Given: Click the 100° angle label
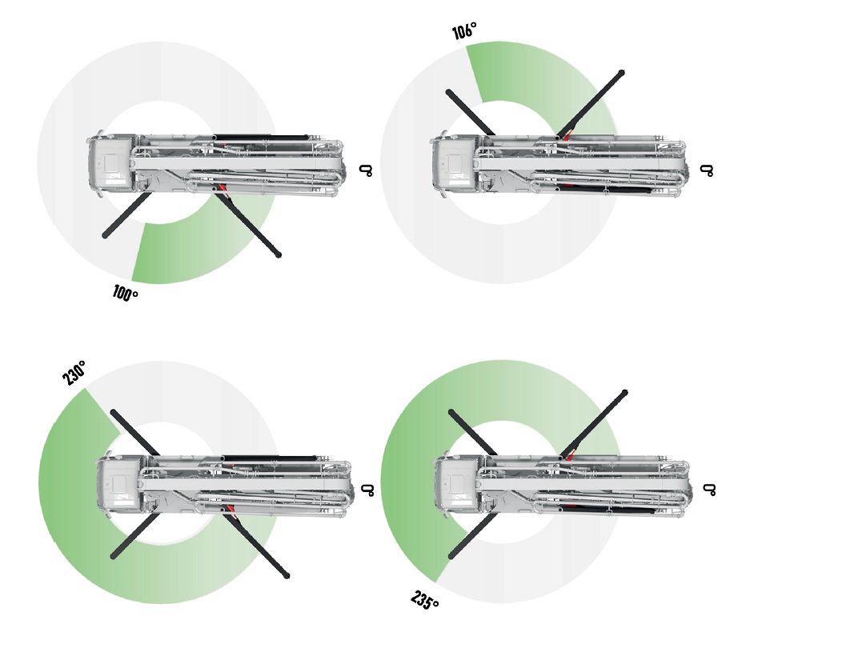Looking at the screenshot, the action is coord(125,293).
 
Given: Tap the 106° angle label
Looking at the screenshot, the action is coord(464,30).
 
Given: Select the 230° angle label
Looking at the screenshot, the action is coord(74,373).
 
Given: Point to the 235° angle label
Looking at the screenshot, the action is coord(425,600).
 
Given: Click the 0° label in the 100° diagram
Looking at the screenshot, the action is coord(366,170).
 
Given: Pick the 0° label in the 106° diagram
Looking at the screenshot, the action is coord(708,170).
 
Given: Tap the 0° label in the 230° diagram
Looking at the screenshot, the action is coord(367,490).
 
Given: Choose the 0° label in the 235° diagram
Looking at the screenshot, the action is coord(709,490).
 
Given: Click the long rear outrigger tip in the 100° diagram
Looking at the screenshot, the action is coord(278,254).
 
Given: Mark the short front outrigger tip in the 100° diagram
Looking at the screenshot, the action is coord(106,235).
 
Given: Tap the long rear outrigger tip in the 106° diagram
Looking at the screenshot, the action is coord(621,73).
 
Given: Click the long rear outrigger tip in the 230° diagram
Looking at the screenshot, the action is coord(287,576).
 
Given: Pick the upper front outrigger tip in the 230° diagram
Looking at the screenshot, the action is coord(114,413).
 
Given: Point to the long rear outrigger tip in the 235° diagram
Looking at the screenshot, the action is coord(624,393).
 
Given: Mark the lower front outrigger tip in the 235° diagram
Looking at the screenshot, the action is coord(451,556).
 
